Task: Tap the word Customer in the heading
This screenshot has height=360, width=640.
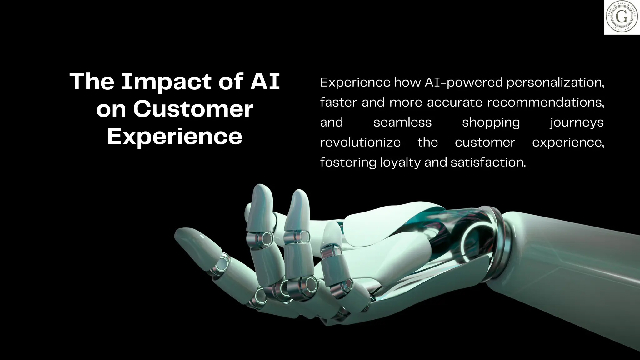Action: (x=193, y=109)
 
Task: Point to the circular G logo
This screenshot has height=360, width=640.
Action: (x=622, y=17)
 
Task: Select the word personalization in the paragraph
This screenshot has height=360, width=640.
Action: (x=555, y=82)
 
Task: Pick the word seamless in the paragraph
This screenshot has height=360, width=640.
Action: (x=402, y=122)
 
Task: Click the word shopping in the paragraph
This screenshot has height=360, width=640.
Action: (x=491, y=122)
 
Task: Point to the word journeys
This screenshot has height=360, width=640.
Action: (x=577, y=122)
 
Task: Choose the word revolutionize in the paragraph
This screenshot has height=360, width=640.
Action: (x=360, y=142)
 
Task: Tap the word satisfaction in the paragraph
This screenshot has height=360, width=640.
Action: (x=488, y=162)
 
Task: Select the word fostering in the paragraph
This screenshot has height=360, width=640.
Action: (x=348, y=162)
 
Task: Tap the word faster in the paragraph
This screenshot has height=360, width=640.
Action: (x=338, y=102)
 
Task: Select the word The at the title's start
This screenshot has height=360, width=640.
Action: (x=92, y=82)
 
